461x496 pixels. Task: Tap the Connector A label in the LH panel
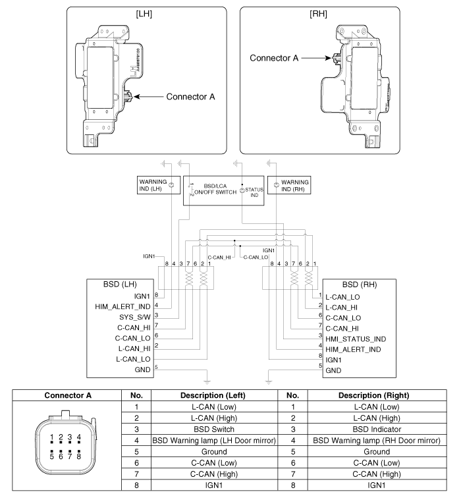coord(190,97)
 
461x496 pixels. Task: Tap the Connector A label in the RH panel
coord(274,58)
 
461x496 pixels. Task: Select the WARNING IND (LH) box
coord(153,184)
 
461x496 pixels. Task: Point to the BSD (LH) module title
coord(119,285)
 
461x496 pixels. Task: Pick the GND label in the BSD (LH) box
coord(142,370)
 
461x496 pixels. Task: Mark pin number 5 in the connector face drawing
coord(52,455)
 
